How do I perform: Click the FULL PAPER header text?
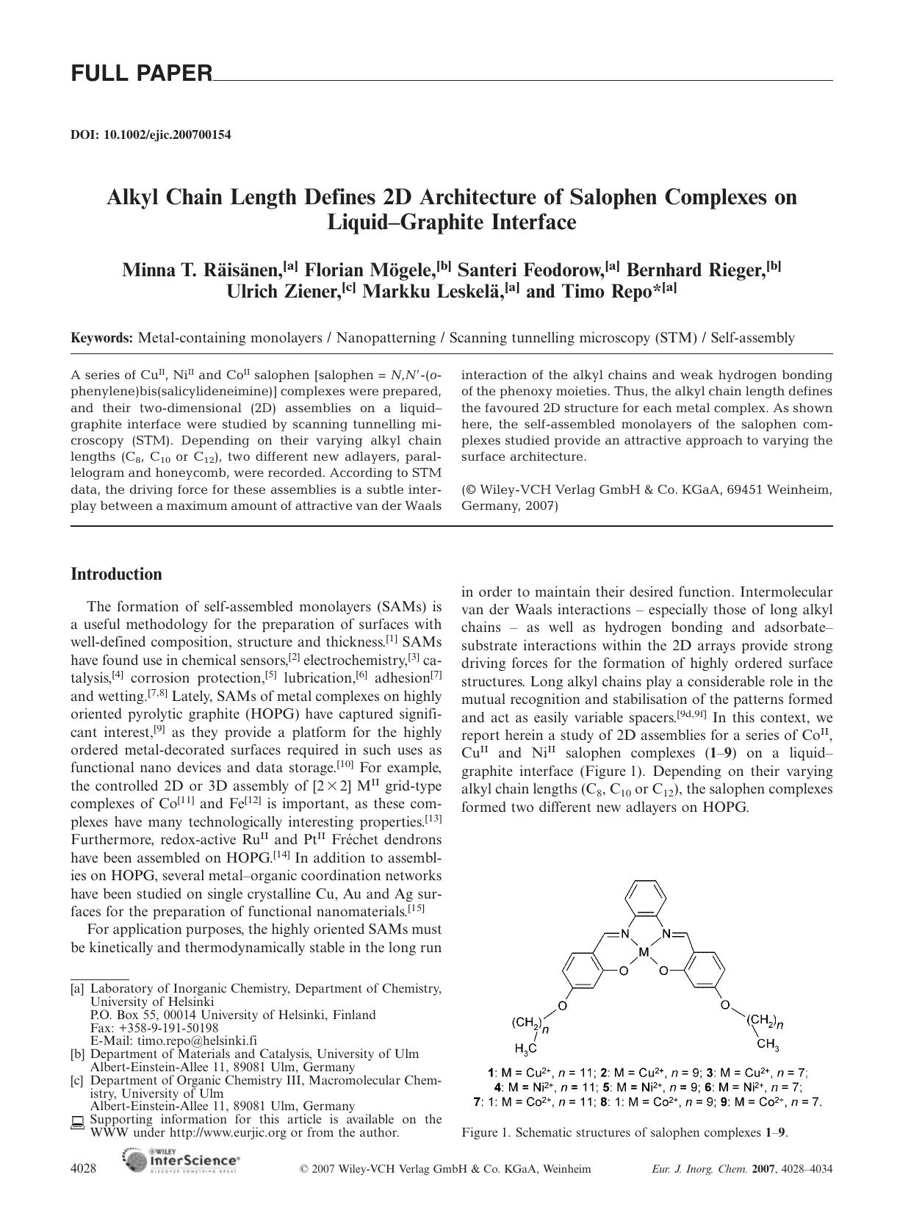(141, 73)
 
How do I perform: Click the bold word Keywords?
(101, 338)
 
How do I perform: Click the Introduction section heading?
(116, 575)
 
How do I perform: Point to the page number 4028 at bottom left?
(83, 1168)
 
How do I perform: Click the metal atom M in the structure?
(644, 953)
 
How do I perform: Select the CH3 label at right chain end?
(767, 1044)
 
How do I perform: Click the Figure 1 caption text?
(624, 1132)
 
